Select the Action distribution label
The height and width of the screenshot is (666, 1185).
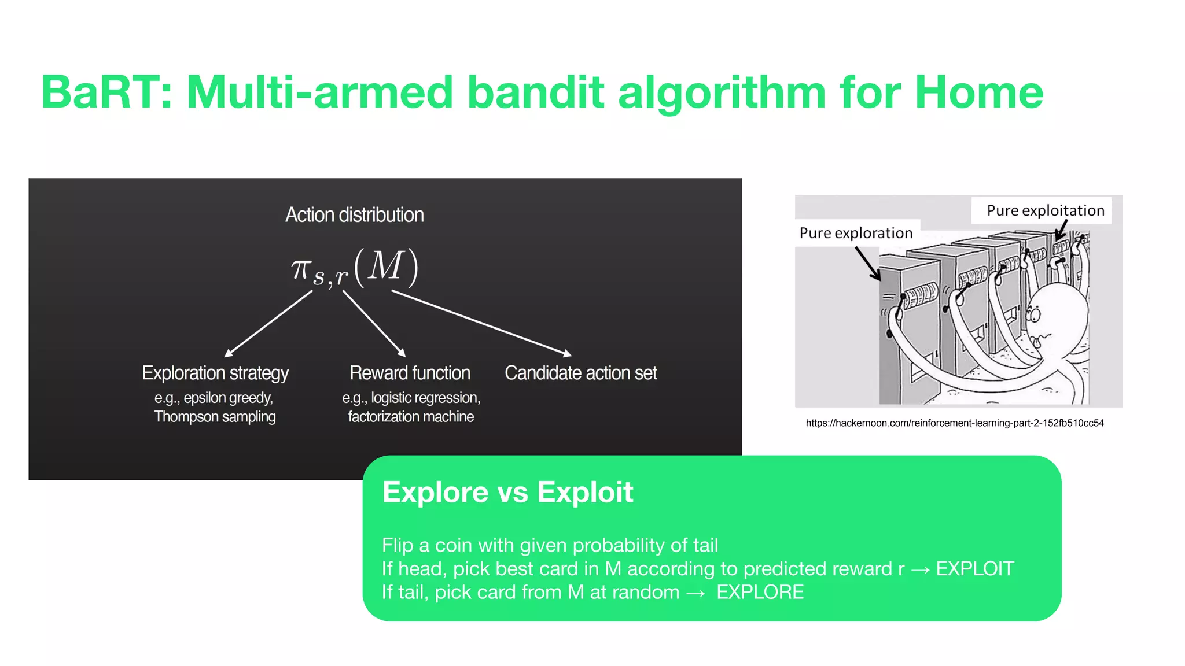tap(354, 215)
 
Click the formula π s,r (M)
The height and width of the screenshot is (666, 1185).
tap(354, 268)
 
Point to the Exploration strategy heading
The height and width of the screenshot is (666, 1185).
tap(215, 373)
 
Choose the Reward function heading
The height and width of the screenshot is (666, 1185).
tap(410, 373)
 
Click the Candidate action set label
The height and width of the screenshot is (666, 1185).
tap(580, 373)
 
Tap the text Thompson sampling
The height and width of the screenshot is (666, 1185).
tap(215, 417)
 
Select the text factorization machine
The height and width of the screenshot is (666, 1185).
tap(411, 417)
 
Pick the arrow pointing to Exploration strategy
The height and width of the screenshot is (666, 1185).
tap(269, 323)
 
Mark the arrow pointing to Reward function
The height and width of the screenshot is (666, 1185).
tap(374, 323)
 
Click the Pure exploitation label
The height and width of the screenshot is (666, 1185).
tap(1045, 210)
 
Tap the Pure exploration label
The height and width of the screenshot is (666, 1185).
tap(856, 233)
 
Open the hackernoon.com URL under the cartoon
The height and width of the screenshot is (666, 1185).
tap(954, 423)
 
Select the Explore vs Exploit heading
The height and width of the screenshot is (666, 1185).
tap(507, 493)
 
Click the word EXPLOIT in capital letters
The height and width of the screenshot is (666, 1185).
tap(974, 569)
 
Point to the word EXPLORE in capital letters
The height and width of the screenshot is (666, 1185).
tap(760, 593)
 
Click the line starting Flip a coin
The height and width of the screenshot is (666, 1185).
tap(550, 545)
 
